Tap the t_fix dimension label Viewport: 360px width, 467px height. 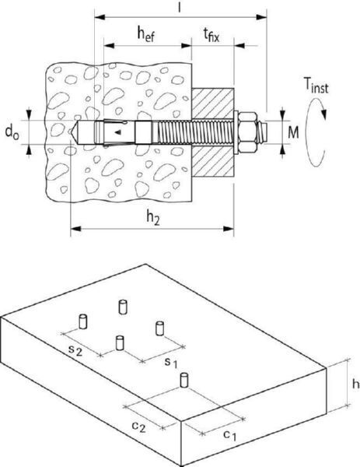[x=211, y=35]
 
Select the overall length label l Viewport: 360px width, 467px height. [x=179, y=8]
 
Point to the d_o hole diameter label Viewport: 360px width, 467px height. [x=12, y=132]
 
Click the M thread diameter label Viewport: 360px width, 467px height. [x=293, y=132]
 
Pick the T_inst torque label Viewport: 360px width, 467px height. [x=316, y=86]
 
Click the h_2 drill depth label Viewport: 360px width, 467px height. [x=153, y=218]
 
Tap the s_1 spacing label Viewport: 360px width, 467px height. [x=171, y=362]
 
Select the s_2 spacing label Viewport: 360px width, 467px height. [x=75, y=349]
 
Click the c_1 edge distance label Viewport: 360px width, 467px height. [x=230, y=435]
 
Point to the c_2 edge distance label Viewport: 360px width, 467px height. [x=139, y=427]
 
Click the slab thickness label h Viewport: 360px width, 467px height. [x=355, y=384]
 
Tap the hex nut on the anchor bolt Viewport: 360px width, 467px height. [x=247, y=132]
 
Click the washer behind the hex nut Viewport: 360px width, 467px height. [x=236, y=132]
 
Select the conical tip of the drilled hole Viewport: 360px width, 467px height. [x=75, y=132]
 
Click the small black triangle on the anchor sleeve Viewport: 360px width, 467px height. [x=118, y=132]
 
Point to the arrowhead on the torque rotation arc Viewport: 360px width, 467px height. [x=323, y=114]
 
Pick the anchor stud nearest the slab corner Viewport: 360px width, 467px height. [x=184, y=381]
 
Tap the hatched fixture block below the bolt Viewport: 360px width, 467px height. [x=212, y=161]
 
